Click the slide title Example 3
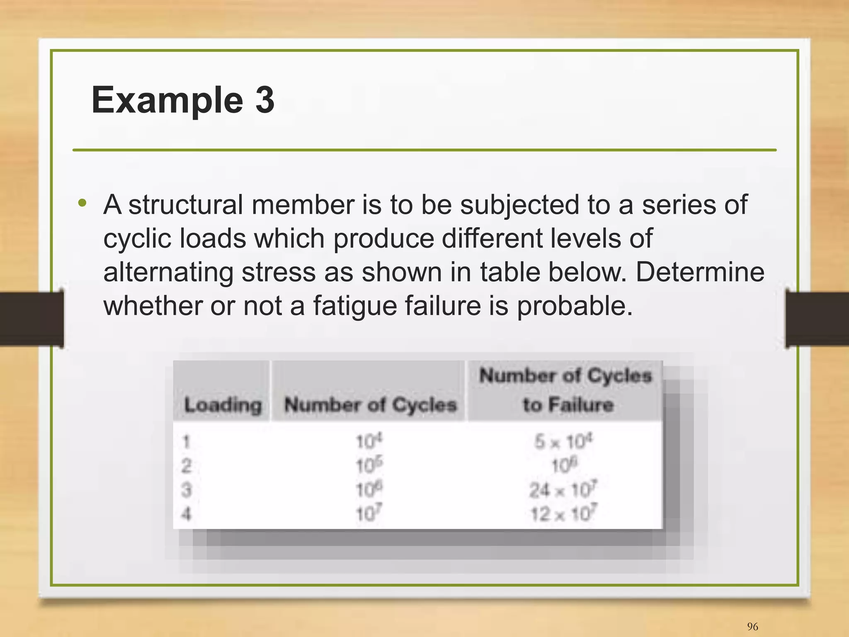[183, 100]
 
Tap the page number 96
[752, 626]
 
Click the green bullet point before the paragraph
[82, 203]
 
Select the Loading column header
[223, 404]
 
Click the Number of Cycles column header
[370, 404]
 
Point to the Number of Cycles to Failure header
[566, 390]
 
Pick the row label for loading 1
[186, 442]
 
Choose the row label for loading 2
[186, 466]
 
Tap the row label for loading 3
[186, 490]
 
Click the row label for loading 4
[186, 514]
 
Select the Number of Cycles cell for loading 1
[369, 441]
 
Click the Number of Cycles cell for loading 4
[369, 514]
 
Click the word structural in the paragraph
[185, 205]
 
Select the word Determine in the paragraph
[700, 272]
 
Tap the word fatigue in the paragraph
[355, 306]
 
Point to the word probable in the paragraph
[574, 306]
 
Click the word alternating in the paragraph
[168, 272]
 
